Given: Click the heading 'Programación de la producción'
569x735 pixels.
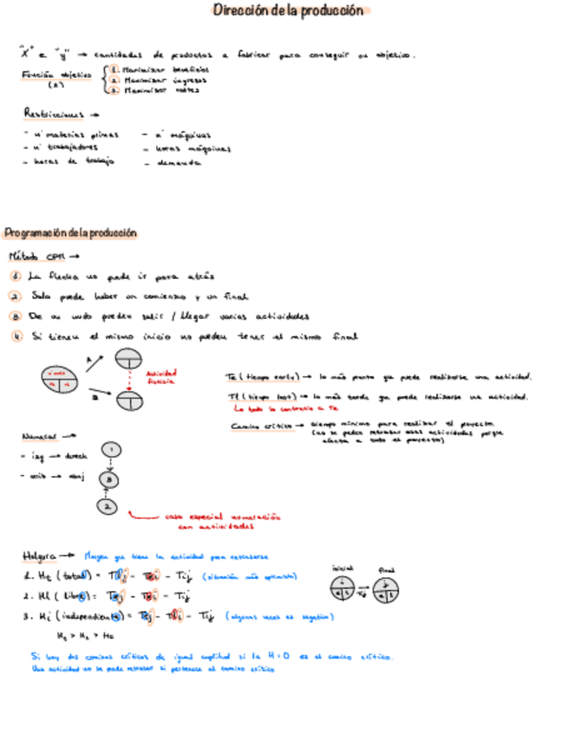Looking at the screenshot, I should tap(70, 233).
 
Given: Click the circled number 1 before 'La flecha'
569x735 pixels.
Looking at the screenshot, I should tap(16, 276).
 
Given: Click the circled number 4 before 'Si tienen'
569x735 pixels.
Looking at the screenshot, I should tap(16, 336).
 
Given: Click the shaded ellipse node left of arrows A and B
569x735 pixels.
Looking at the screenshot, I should tap(59, 379).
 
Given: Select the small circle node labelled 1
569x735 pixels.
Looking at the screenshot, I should tap(110, 450).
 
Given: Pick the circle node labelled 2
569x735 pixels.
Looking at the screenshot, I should tap(107, 505).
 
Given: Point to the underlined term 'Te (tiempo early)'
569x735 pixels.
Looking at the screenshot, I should tap(263, 377).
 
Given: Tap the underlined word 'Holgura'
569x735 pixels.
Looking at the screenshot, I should tap(41, 556).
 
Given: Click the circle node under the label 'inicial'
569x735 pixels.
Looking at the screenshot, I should tap(343, 589).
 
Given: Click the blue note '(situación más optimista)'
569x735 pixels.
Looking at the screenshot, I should tap(250, 576).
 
